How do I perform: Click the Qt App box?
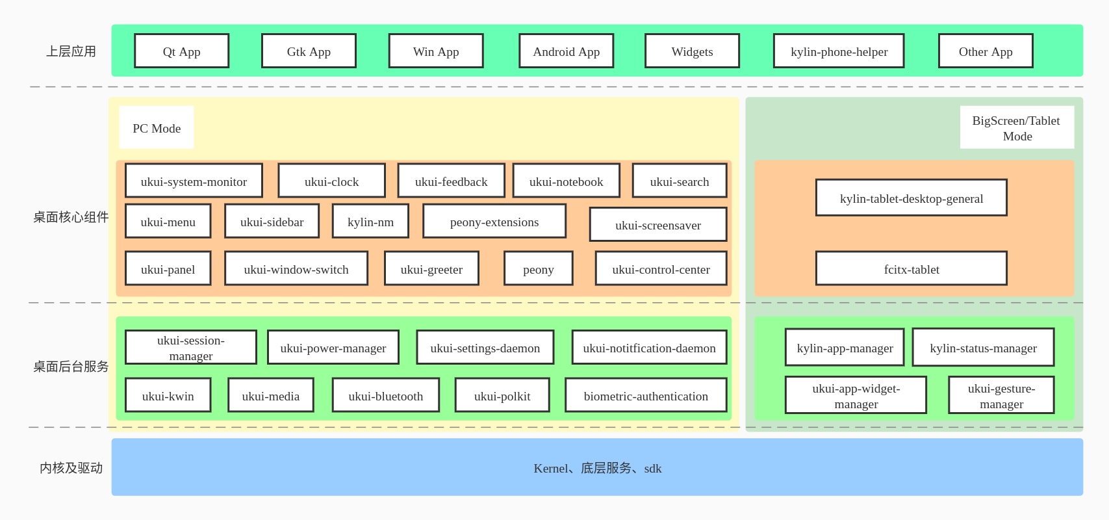coord(181,51)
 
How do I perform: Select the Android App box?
coord(566,51)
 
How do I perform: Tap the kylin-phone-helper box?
coord(838,51)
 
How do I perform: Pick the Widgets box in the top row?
coord(692,51)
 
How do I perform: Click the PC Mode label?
coord(157,128)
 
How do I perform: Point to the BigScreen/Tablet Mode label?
coord(1016,128)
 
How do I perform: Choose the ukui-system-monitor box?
coord(194,181)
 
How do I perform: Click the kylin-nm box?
coord(370,222)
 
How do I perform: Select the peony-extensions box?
coord(494,222)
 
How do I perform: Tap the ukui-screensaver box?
coord(657,225)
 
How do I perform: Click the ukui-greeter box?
coord(431,269)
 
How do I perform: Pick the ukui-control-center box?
coord(661,269)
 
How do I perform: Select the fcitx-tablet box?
coord(911,269)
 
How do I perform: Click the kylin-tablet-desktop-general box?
coord(911,198)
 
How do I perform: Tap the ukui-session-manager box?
coord(190,348)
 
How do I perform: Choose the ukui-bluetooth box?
coord(385,396)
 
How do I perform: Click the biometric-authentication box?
coord(645,396)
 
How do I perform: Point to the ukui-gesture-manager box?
coord(1001,396)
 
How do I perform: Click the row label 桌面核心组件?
coord(71,217)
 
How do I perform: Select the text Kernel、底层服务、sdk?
coord(597,468)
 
